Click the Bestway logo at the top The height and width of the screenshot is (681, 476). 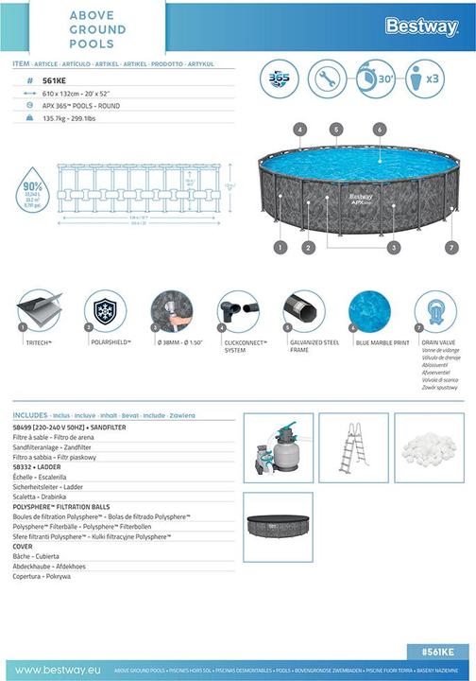click(421, 27)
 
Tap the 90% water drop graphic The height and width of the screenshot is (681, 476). click(34, 193)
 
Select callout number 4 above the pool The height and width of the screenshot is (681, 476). click(299, 129)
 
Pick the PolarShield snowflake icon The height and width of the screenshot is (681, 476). click(105, 310)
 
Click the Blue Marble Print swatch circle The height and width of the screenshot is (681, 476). click(369, 310)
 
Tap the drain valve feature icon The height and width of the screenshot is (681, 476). click(435, 310)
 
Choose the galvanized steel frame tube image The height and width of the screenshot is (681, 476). click(304, 310)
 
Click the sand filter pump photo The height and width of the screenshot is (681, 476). click(279, 447)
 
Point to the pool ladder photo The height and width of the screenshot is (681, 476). click(352, 447)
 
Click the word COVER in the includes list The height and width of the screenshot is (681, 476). click(23, 546)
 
